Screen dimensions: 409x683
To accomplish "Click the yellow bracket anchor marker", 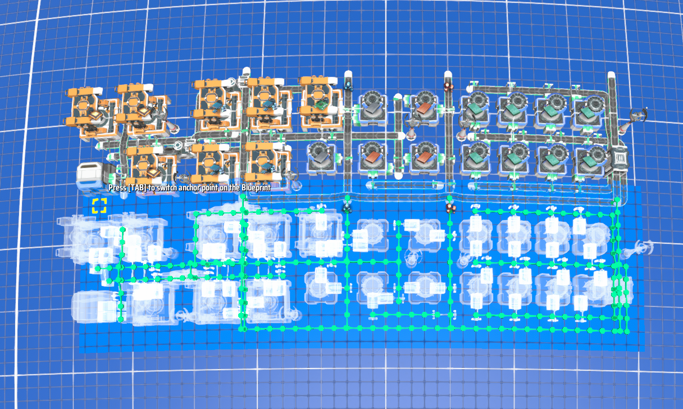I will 99,206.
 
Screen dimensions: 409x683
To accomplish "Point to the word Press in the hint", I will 117,188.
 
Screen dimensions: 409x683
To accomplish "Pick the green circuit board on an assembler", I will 320,104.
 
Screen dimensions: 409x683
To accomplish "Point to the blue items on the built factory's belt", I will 348,85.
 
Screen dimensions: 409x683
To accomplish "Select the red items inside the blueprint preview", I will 450,208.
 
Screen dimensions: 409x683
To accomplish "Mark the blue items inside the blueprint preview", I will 347,208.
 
